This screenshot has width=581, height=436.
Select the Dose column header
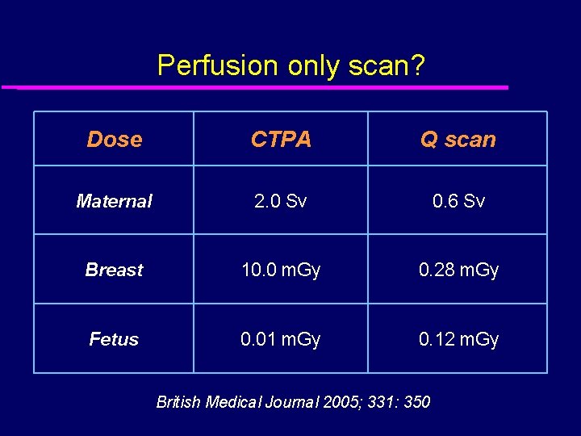[114, 139]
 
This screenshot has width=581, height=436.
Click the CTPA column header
[281, 139]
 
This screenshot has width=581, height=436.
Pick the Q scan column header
[458, 139]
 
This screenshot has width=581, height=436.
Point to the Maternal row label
[114, 201]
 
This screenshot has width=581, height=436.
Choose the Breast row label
[114, 270]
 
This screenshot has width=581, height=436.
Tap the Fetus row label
[114, 339]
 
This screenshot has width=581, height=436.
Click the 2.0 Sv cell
[281, 201]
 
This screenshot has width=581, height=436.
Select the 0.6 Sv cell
[458, 201]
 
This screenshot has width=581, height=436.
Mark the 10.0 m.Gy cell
[281, 270]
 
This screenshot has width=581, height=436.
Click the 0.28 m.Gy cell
[458, 270]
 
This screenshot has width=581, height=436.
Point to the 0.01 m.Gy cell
[281, 339]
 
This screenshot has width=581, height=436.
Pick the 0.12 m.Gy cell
[458, 339]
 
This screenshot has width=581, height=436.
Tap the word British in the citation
[178, 401]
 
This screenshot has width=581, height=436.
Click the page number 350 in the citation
[416, 401]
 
